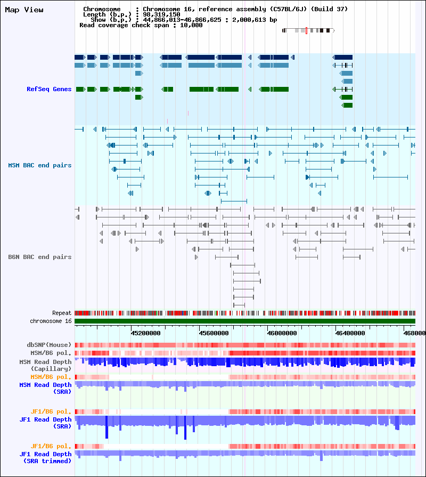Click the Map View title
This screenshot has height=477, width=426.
[x=24, y=10]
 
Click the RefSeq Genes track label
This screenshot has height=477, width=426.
[x=49, y=89]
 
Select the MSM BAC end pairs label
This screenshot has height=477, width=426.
[x=40, y=165]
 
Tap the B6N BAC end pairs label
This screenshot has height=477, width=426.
[x=40, y=257]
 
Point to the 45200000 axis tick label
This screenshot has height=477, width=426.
[x=145, y=333]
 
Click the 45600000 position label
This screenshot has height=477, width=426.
[x=214, y=333]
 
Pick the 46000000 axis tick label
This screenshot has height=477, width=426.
[x=282, y=333]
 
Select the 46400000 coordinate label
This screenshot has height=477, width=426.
[x=350, y=333]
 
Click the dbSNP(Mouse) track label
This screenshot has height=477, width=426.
[x=49, y=345]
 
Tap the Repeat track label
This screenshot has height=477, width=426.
[x=62, y=313]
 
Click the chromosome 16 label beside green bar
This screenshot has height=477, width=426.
[x=51, y=321]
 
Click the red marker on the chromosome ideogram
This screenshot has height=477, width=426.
[x=306, y=30]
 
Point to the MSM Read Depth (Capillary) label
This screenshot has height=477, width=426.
[x=46, y=365]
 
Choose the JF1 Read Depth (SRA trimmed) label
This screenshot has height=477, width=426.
[x=46, y=457]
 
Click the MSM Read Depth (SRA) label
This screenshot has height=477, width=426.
[x=46, y=388]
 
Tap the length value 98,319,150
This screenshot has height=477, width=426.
[x=161, y=14]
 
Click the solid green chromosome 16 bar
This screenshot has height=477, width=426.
[x=245, y=321]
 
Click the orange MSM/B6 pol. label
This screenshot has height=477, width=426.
[x=51, y=377]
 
